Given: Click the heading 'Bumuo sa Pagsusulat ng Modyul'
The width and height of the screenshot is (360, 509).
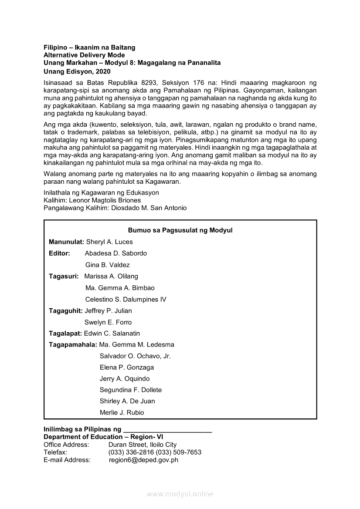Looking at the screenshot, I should (180, 230).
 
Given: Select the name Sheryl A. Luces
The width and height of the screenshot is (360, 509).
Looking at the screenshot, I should (109, 242).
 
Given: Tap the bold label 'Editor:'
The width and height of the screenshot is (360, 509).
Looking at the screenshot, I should (59, 253).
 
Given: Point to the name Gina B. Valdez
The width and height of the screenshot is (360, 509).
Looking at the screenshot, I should (107, 265).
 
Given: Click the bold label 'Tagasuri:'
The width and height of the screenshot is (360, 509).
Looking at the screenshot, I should (64, 276).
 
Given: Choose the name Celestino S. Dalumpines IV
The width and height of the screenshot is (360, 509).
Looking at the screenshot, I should (126, 299).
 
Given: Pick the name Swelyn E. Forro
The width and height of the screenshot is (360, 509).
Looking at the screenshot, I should (108, 322).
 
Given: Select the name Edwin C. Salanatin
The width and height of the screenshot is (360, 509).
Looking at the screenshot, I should (112, 333).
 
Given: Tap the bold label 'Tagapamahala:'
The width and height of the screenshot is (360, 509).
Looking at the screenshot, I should (73, 344).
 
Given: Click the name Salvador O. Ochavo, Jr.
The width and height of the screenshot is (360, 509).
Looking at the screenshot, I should (135, 356).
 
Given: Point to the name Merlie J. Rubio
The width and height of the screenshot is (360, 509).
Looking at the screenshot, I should (122, 412).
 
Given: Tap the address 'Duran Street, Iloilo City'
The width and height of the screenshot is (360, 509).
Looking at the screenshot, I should (143, 445).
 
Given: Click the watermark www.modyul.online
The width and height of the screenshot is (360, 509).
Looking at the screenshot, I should (180, 494).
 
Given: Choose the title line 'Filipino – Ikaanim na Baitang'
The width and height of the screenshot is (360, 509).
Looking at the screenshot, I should (89, 47).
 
